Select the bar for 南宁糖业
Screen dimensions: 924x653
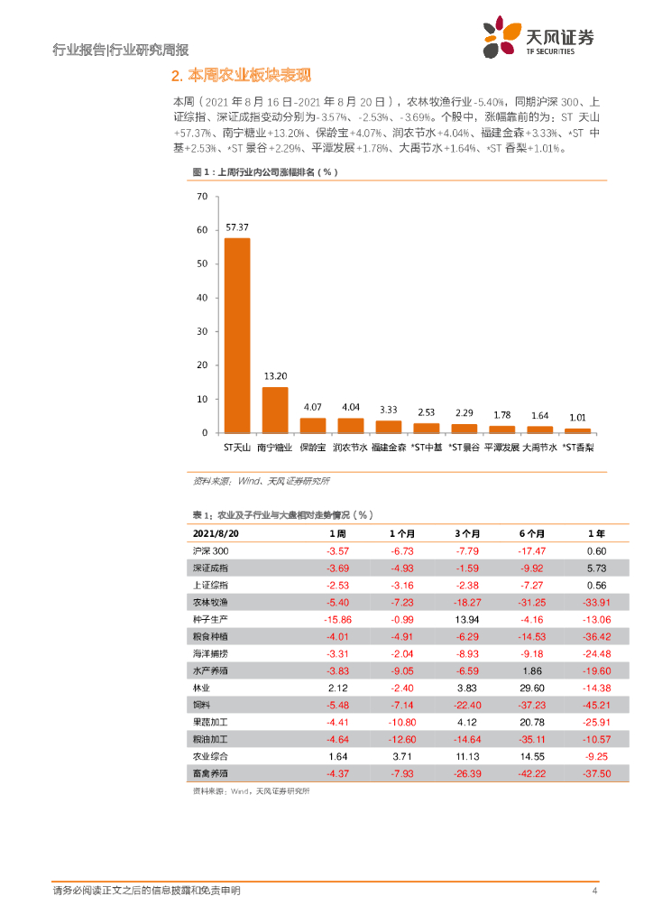[275, 411]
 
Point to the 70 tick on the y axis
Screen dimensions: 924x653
[201, 196]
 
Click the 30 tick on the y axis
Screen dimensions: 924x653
[201, 331]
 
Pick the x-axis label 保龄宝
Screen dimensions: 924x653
[313, 447]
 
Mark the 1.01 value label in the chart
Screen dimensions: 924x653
[577, 418]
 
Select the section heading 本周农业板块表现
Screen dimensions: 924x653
[245, 75]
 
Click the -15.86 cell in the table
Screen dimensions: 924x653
[336, 620]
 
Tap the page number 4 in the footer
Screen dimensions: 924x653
[594, 892]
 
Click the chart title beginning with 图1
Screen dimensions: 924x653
[265, 171]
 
